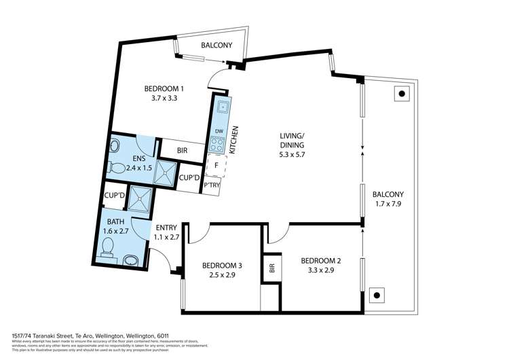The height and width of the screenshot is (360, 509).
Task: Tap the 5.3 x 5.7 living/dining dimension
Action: (292, 155)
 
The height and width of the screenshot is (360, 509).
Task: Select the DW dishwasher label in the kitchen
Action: (219, 131)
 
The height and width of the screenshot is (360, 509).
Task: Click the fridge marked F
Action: (216, 164)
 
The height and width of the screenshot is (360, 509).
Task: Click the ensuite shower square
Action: (165, 173)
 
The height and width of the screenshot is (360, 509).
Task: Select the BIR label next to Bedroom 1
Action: (182, 151)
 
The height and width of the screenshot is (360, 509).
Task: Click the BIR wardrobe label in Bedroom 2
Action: (271, 269)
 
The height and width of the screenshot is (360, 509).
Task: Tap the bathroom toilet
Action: (108, 253)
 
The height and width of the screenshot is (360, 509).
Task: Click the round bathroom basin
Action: (131, 259)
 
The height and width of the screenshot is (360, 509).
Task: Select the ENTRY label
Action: (167, 228)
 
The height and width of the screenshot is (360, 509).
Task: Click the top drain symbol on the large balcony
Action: (402, 94)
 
